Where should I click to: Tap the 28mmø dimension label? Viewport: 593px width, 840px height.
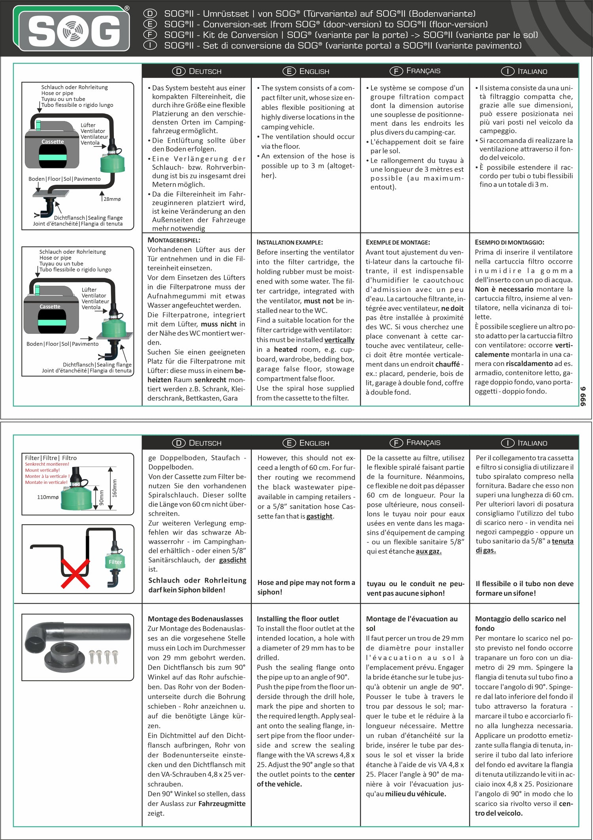click(x=112, y=199)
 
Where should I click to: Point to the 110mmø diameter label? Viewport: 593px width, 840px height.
click(x=47, y=497)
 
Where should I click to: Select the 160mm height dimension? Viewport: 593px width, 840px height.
click(x=115, y=488)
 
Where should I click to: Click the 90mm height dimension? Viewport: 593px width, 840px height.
click(x=102, y=497)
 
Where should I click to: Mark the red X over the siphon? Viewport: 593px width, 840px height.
click(x=75, y=574)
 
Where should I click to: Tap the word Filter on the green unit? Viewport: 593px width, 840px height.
click(x=115, y=562)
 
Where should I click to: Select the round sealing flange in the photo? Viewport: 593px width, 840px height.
click(x=66, y=656)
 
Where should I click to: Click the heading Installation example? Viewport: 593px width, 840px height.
click(x=289, y=242)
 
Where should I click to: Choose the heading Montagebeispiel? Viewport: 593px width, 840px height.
click(x=174, y=240)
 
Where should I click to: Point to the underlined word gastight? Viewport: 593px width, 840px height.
click(x=319, y=516)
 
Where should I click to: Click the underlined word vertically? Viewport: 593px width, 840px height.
click(x=339, y=340)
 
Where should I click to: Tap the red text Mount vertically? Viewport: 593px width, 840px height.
click(x=42, y=470)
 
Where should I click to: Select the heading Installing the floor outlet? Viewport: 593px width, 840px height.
click(x=298, y=619)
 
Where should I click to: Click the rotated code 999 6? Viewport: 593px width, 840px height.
click(x=583, y=397)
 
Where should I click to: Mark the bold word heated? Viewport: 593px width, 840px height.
click(x=285, y=349)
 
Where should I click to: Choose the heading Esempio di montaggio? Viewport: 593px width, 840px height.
click(x=509, y=242)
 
